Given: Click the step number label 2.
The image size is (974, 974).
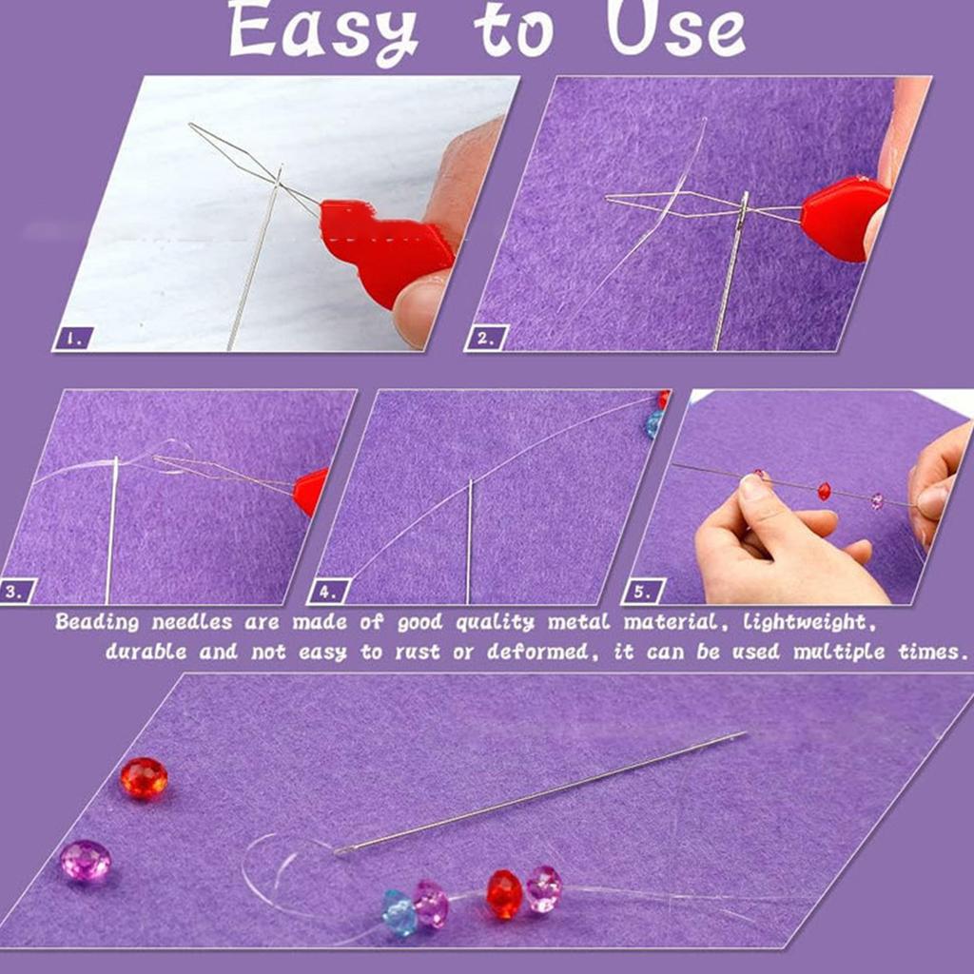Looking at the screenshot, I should point(486,337).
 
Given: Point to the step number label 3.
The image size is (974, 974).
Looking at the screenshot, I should point(16,591).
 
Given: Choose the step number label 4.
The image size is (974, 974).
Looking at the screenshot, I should point(327,591).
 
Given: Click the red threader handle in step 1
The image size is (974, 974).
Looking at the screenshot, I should point(385,247).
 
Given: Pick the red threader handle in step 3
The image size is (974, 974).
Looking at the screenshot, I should point(311,491).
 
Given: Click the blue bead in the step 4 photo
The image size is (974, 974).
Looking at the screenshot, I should point(654,424).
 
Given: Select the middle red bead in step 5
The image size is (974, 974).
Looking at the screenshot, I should point(824,491).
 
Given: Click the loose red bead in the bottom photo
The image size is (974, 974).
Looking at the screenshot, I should point(144,778).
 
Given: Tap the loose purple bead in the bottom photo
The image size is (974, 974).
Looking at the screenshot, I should point(86,860).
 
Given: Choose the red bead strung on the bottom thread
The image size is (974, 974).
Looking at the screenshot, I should point(504,893).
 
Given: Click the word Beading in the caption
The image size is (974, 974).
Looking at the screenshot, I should point(96,622).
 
